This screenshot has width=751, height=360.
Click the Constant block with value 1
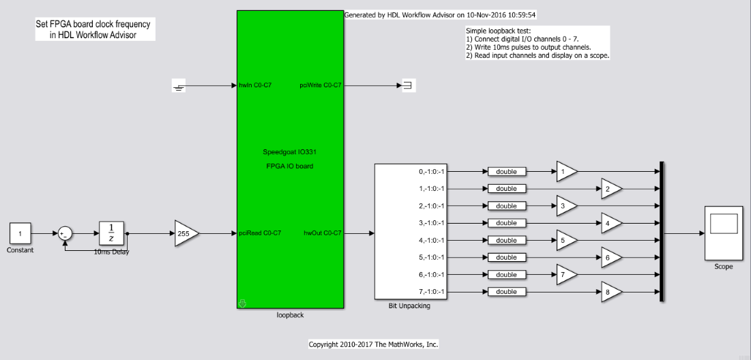[x=20, y=234]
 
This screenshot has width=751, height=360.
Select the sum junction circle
[x=65, y=234]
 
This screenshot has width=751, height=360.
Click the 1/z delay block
[x=111, y=234]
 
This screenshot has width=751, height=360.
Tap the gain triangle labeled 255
[x=186, y=234]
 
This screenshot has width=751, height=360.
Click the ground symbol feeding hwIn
[x=179, y=86]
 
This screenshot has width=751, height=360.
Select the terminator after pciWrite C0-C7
[x=409, y=86]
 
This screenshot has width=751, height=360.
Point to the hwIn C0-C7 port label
[x=255, y=86]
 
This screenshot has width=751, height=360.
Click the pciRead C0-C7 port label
[x=260, y=233]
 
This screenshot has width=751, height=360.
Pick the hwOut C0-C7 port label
[x=323, y=233]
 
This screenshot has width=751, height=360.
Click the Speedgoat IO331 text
[x=290, y=152]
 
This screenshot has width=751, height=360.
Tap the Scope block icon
[x=723, y=233]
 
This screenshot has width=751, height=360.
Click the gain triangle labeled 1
[x=567, y=171]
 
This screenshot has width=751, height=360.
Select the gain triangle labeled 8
[x=612, y=292]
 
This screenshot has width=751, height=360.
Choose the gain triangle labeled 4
[x=612, y=222]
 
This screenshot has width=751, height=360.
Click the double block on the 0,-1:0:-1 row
[x=507, y=171]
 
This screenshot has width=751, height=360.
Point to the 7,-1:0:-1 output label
[x=432, y=292]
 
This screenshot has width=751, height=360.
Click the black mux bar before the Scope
[x=662, y=232]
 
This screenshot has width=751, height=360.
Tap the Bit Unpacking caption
[x=409, y=306]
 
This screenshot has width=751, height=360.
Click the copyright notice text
[x=374, y=344]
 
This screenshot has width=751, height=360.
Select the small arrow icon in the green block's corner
[x=242, y=303]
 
